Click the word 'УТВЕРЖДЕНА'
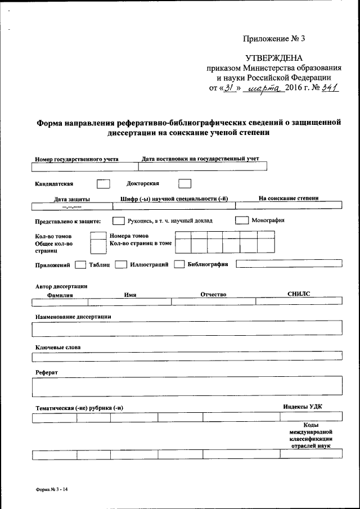click(274, 58)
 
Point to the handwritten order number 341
click(329, 88)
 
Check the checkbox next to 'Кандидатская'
click(103, 183)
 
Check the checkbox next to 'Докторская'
click(184, 183)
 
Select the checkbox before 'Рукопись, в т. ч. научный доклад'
click(118, 220)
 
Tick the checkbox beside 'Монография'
click(241, 220)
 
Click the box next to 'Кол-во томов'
click(98, 235)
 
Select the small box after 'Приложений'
click(80, 264)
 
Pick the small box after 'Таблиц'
click(120, 264)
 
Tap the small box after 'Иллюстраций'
click(179, 264)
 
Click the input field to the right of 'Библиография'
click(288, 264)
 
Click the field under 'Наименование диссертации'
click(187, 327)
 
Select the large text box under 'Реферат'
click(187, 387)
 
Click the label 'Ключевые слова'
click(57, 347)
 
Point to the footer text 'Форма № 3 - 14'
click(51, 490)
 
